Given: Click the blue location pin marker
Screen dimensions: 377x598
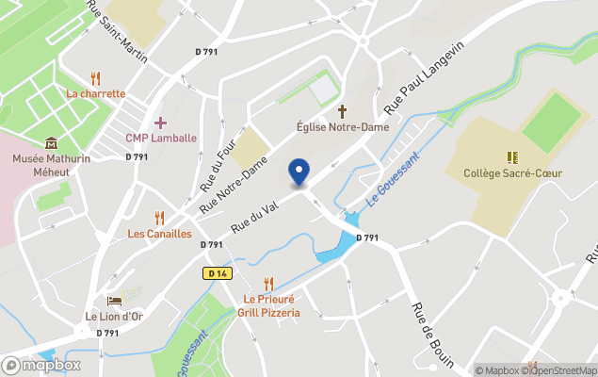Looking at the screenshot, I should coord(299,172).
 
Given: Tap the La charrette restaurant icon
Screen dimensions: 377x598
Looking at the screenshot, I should coord(95,78).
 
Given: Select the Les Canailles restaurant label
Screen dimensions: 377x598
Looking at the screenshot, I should coord(159,233).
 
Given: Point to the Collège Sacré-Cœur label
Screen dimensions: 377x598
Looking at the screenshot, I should coord(512,172).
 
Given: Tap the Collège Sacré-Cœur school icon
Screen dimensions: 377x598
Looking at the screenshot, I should coord(512,156).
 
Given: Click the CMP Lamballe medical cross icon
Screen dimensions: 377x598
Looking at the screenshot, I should coord(160,123).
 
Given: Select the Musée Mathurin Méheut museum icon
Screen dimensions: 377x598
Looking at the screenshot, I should coord(51,143).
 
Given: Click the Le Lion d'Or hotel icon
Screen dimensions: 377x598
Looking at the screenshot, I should coord(114,301).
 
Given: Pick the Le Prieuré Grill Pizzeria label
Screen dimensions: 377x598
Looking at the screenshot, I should coord(268,306).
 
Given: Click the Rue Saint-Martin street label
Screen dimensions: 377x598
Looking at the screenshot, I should coord(117,32).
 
